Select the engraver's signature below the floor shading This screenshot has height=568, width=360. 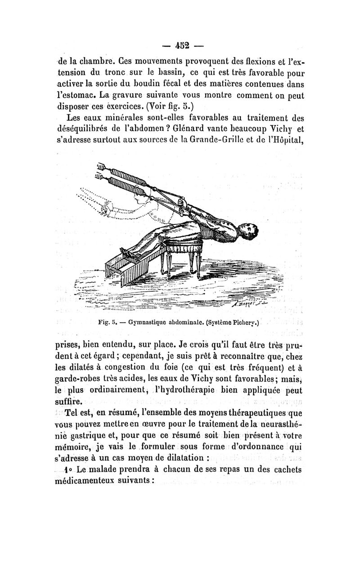pyautogui.click(x=243, y=305)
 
